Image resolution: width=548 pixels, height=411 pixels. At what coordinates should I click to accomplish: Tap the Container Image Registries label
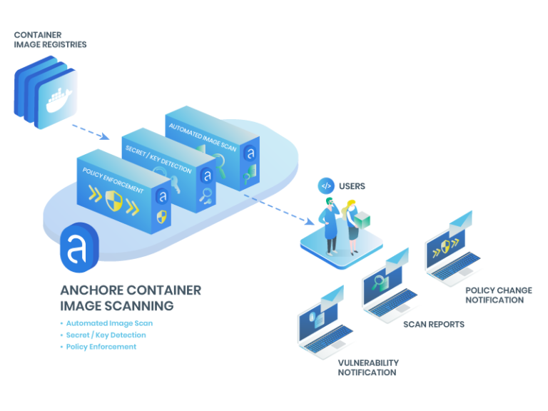coord(50,40)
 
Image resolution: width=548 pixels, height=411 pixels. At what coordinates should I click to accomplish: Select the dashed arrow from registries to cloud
coord(90,130)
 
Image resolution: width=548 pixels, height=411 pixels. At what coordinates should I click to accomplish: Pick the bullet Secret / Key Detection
coord(107,335)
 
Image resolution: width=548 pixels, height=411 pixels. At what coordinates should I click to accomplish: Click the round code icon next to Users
coord(325,186)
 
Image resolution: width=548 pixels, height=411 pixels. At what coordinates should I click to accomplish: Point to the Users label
coord(352,186)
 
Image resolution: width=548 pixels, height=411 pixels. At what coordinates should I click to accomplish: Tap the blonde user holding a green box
coord(352,225)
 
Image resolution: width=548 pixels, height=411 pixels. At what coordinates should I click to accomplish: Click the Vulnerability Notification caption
coord(368,367)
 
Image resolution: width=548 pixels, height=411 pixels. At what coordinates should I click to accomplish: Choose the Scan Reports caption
coord(434,324)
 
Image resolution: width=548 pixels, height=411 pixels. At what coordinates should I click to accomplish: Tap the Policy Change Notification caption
coord(499,295)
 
